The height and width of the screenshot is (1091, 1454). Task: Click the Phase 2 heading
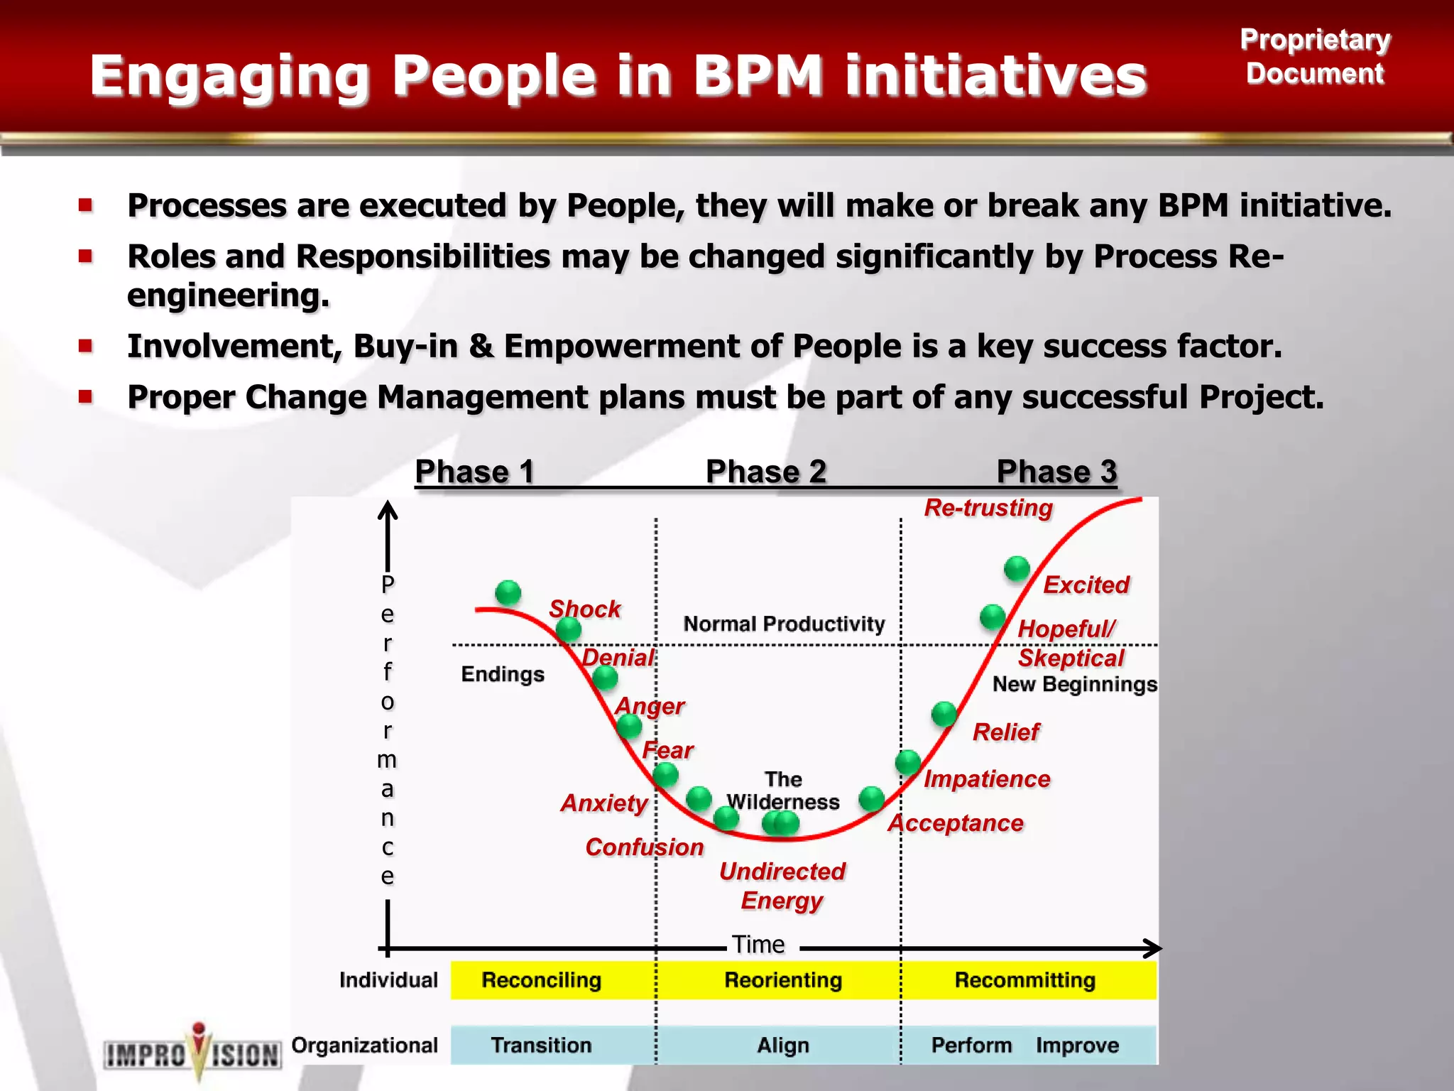(x=765, y=472)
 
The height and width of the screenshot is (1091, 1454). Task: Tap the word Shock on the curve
(x=584, y=609)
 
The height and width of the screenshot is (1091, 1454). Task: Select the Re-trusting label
(x=988, y=508)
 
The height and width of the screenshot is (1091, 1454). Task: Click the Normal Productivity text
(x=784, y=624)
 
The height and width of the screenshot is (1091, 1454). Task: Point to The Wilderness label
(x=783, y=791)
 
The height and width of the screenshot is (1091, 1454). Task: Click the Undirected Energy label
(x=782, y=885)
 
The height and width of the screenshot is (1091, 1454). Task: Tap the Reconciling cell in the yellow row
(x=541, y=980)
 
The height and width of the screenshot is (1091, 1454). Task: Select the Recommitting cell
(x=1024, y=980)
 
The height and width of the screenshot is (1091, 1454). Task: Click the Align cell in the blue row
(x=782, y=1046)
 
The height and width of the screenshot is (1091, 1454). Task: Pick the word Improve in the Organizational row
(x=1077, y=1046)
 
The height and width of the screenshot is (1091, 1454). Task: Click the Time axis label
(x=758, y=945)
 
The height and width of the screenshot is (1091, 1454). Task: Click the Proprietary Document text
(x=1315, y=57)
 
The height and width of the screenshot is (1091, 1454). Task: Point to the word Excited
(x=1086, y=585)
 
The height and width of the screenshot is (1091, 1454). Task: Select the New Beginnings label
(x=1074, y=684)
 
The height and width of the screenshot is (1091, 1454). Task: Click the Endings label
(x=503, y=674)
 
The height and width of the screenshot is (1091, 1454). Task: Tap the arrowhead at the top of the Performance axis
(x=388, y=509)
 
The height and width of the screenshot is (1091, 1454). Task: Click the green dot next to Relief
(x=944, y=713)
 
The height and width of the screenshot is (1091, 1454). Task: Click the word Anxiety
(x=604, y=803)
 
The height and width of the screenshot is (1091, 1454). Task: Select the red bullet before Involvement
(x=86, y=346)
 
